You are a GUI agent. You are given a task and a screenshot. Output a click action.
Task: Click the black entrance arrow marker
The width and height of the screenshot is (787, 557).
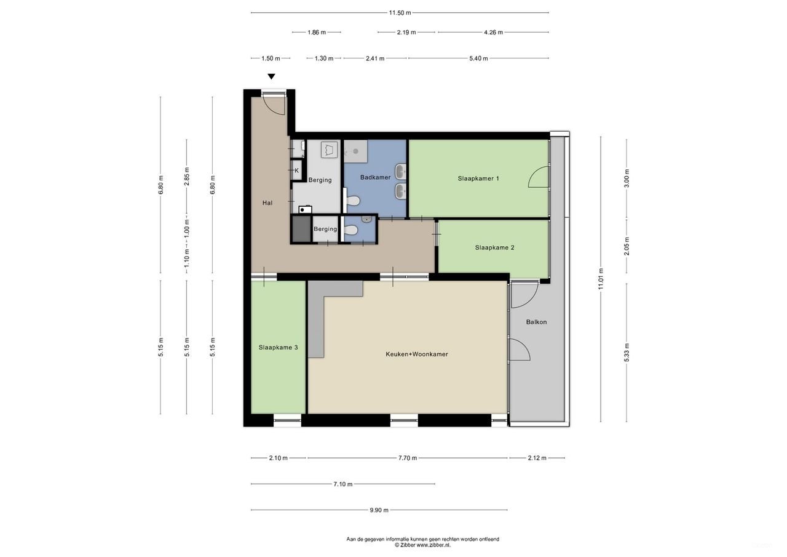pos(271,77)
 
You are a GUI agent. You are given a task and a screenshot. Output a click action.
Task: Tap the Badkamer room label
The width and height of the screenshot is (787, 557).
pos(375,177)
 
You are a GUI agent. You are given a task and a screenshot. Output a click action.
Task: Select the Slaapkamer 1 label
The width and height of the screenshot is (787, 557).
pos(478,178)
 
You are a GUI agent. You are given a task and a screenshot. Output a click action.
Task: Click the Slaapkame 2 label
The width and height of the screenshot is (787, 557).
pos(494,247)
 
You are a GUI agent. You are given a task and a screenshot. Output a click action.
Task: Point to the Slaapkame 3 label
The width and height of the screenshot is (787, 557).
pos(278,347)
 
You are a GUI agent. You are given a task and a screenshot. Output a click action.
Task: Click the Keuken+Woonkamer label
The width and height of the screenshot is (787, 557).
pos(416,354)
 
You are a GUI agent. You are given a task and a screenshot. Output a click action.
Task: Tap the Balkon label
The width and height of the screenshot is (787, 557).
pos(536,322)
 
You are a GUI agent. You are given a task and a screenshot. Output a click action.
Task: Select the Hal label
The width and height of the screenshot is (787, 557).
pos(267,202)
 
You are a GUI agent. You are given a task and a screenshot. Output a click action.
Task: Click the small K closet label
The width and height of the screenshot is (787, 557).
pos(296,170)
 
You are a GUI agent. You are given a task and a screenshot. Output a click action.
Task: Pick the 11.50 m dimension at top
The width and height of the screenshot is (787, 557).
pos(400,12)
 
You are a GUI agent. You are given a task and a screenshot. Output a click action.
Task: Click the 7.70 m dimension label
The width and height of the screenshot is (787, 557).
pos(407,458)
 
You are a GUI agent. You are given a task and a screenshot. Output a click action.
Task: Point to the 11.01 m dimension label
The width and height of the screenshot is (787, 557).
pos(601,279)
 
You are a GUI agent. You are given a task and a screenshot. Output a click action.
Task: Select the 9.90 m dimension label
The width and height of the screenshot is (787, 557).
pos(379,510)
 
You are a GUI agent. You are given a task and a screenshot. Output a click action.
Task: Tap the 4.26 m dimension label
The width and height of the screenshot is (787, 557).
pos(493,32)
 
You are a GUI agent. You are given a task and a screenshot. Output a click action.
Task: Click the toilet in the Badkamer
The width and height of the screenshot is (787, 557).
pos(353,201)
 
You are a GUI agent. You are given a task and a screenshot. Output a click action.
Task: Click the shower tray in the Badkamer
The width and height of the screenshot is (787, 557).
pos(355,150)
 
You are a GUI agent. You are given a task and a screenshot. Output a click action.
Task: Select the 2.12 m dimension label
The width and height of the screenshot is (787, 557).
pos(536,458)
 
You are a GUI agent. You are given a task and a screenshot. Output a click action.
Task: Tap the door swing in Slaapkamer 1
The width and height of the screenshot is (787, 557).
pos(538,178)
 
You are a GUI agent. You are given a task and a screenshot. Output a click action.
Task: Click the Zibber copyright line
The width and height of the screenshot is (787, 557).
pos(422,545)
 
